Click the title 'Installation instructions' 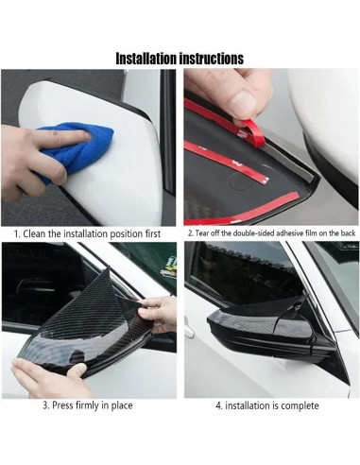coord(180,58)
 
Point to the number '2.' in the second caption coord(190,232)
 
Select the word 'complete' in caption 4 coord(299,405)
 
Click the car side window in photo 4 coord(236,274)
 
